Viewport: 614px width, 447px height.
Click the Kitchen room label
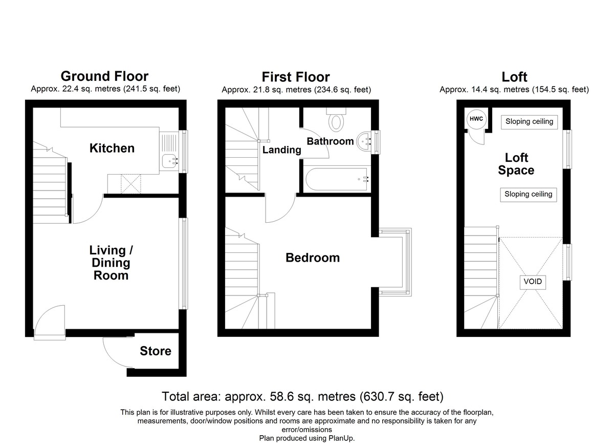[x=112, y=148]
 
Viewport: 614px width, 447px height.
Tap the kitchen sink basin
[x=169, y=161]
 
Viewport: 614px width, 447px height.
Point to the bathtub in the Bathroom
[x=337, y=179]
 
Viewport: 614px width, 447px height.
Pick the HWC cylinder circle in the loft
[x=476, y=119]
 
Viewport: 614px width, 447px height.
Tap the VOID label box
[x=533, y=282]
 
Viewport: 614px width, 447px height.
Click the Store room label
[x=156, y=351]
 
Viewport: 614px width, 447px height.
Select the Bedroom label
[x=313, y=258]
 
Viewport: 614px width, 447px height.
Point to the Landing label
[x=282, y=150]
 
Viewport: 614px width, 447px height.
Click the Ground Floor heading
[x=104, y=76]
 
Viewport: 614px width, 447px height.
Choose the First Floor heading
[x=296, y=77]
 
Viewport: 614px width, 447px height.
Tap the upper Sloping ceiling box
[x=529, y=122]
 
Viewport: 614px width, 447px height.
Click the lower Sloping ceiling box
[x=528, y=195]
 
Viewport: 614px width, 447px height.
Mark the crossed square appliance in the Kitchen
[x=131, y=184]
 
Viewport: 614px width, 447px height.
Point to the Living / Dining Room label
[x=111, y=263]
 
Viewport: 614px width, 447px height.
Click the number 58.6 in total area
[x=281, y=396]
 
